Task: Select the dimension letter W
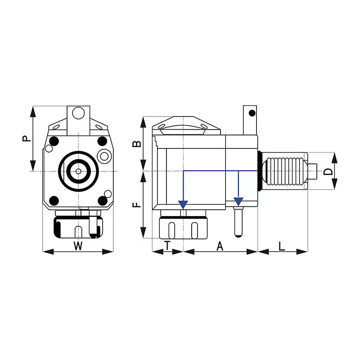pyautogui.click(x=78, y=246)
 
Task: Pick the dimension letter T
pyautogui.click(x=167, y=246)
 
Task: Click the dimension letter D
pyautogui.click(x=329, y=171)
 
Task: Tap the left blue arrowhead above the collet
pyautogui.click(x=183, y=204)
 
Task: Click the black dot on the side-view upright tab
pyautogui.click(x=252, y=112)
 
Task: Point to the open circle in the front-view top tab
pyautogui.click(x=78, y=112)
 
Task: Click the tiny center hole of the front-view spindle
pyautogui.click(x=78, y=171)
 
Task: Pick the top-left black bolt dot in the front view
pyautogui.click(x=54, y=140)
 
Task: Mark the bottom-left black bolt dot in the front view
pyautogui.click(x=54, y=200)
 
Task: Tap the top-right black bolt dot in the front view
pyautogui.click(x=102, y=140)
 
